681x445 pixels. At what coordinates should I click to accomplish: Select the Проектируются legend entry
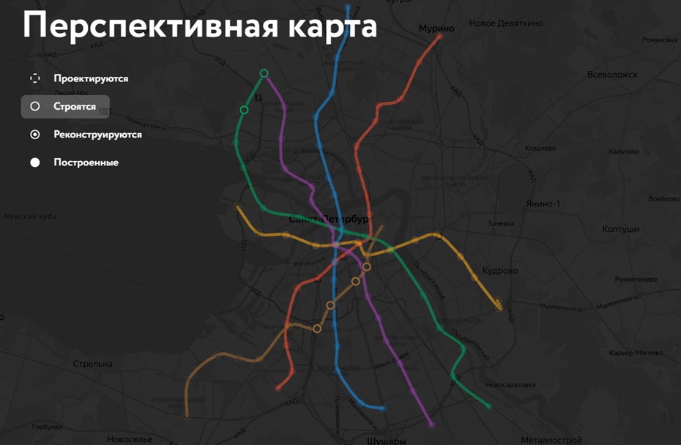(x=90, y=78)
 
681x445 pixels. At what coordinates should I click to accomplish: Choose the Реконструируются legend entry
(x=97, y=135)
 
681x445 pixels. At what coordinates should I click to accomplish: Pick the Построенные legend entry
(x=86, y=162)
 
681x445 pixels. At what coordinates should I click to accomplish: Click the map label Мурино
(x=436, y=29)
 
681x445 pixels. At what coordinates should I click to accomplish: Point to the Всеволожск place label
(x=612, y=75)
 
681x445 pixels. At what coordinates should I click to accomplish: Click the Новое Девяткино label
(x=506, y=23)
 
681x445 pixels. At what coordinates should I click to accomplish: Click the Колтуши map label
(x=621, y=229)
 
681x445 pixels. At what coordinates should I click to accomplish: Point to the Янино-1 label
(x=543, y=203)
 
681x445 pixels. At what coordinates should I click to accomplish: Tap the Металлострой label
(x=551, y=440)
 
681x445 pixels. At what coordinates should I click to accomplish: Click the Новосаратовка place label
(x=512, y=385)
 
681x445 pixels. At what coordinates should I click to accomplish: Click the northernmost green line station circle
(x=264, y=72)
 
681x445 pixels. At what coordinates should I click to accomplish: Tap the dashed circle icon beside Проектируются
(x=34, y=78)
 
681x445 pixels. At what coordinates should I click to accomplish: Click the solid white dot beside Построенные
(x=34, y=162)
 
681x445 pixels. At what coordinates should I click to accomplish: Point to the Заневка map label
(x=502, y=223)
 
